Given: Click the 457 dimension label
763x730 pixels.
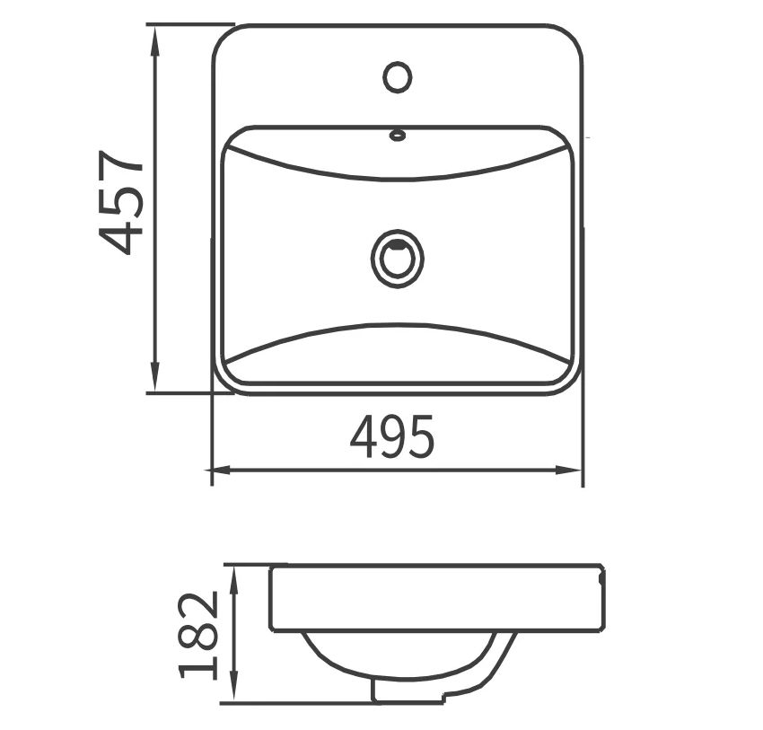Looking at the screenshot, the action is [x=120, y=202].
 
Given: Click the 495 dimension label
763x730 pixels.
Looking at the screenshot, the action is [x=391, y=436].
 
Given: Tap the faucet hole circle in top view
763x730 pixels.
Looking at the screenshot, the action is [x=398, y=77].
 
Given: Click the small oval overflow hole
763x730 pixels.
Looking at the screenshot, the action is [x=398, y=135].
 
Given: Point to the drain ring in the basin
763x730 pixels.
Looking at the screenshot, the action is [x=397, y=259].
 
